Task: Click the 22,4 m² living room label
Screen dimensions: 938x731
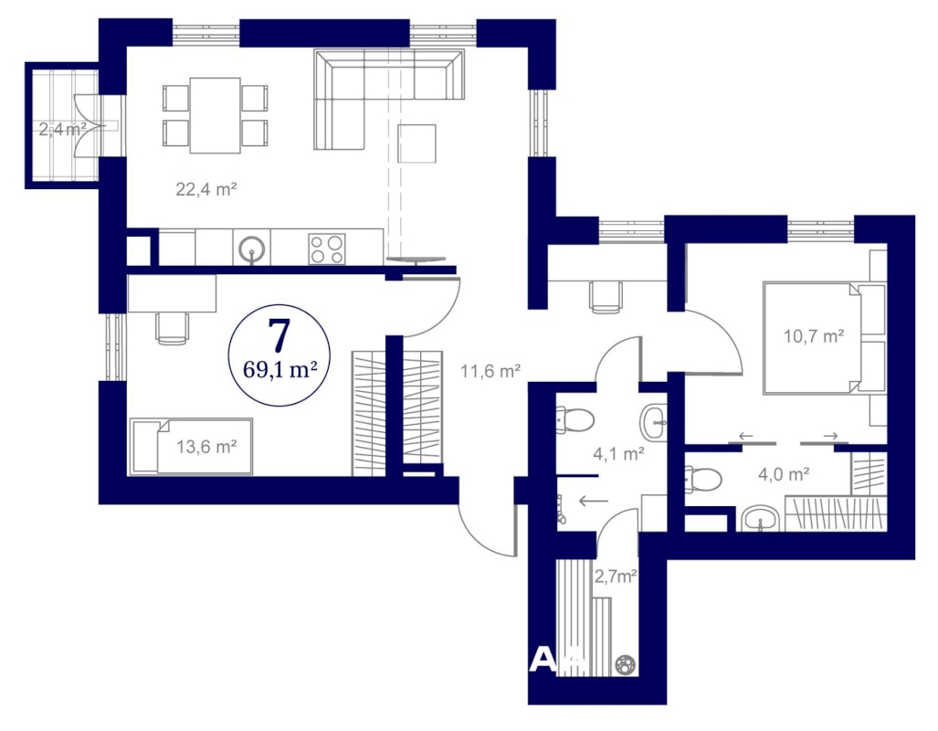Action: (206, 189)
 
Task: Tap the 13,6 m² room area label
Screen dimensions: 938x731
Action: (206, 447)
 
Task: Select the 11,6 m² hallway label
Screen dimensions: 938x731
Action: (490, 371)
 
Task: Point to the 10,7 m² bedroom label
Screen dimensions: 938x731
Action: (814, 336)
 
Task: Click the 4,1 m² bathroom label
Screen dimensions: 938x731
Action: (618, 454)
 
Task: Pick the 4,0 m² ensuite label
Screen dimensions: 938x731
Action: (784, 475)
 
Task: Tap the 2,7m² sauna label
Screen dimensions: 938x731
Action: (615, 577)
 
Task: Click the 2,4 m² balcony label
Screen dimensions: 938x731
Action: (63, 129)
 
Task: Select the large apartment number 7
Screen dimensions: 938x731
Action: (279, 335)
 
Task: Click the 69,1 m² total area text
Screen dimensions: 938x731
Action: (279, 369)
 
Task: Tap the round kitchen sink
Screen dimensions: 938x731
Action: (252, 248)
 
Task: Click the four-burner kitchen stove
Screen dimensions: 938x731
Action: (327, 249)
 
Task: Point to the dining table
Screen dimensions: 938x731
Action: (216, 115)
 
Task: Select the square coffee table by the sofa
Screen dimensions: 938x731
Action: (416, 143)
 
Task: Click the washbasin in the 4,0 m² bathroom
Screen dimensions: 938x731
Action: (760, 518)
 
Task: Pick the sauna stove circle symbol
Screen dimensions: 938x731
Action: (627, 664)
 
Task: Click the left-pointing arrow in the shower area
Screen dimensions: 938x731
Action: (594, 501)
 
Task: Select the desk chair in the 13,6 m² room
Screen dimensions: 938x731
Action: (173, 328)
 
